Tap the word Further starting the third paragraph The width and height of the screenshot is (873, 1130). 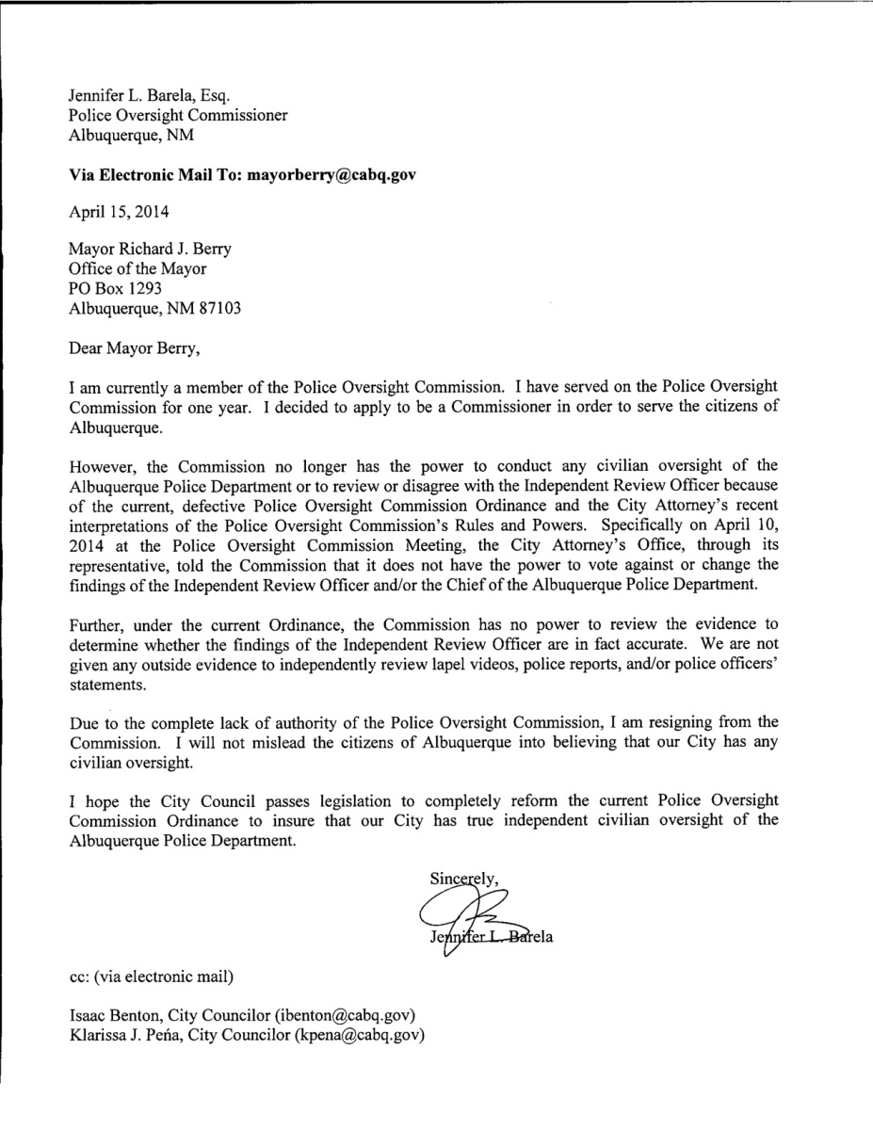point(98,624)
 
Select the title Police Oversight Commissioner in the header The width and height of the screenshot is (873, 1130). point(178,115)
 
